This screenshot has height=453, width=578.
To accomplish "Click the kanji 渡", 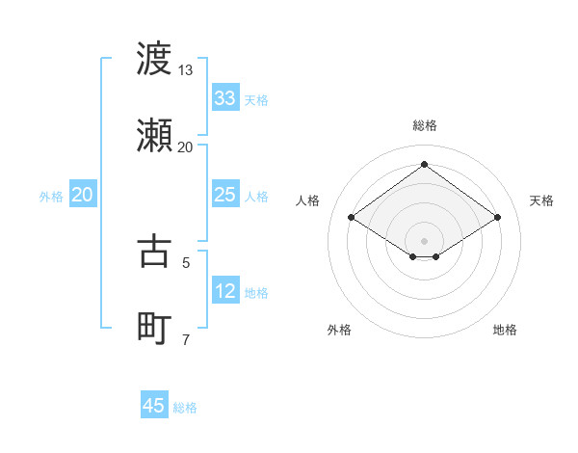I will click(x=154, y=59).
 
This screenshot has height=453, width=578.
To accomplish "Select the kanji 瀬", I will click(x=154, y=136).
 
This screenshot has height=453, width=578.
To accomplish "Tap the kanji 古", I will click(x=154, y=252).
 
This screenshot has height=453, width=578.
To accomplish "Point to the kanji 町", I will click(x=154, y=329).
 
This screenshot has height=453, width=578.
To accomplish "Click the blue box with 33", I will click(x=225, y=98).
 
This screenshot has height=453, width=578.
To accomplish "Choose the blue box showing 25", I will click(x=225, y=195).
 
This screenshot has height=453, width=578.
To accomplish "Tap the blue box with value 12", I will click(x=225, y=291).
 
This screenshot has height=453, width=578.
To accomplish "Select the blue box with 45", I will click(x=154, y=406).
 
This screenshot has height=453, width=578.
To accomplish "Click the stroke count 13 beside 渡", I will click(x=186, y=70).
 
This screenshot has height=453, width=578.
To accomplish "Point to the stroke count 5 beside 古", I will click(x=186, y=262).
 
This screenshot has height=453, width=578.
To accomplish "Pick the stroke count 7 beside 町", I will click(x=186, y=339).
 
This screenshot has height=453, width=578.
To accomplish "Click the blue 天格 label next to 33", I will click(x=256, y=100).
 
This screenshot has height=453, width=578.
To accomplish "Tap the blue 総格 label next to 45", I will click(x=185, y=408).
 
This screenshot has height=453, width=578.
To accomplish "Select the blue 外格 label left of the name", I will click(x=51, y=197).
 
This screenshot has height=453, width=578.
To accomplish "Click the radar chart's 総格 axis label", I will click(x=425, y=125).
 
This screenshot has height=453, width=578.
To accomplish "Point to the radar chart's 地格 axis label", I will click(x=505, y=330).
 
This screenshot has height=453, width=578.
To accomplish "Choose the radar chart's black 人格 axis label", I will click(x=308, y=200).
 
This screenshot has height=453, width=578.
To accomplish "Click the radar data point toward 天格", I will click(x=497, y=218).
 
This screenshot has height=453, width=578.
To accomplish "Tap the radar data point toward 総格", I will click(x=425, y=164).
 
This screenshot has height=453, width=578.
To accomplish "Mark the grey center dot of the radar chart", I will click(x=425, y=240).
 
